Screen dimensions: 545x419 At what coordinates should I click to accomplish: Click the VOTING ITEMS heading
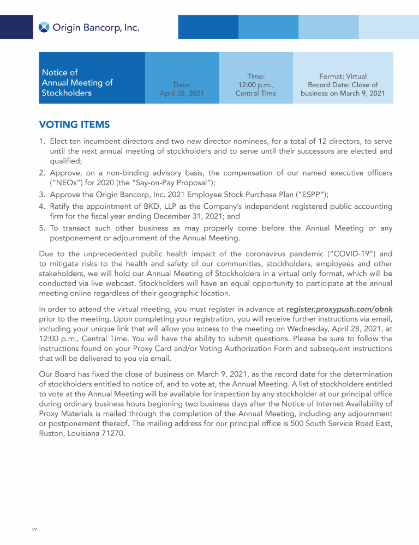pos(74,125)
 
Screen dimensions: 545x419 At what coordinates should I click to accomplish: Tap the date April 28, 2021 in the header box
pos(182,93)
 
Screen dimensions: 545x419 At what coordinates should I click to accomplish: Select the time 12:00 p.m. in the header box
pos(255,85)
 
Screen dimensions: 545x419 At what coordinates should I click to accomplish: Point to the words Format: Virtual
pos(343,77)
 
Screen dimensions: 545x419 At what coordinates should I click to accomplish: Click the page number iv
pos(34,528)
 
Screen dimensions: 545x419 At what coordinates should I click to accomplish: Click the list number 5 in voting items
pos(42,228)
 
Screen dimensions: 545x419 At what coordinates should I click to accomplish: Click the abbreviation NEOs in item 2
pos(65,183)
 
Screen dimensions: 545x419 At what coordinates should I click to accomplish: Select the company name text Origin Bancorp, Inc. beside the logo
pos(96,27)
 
